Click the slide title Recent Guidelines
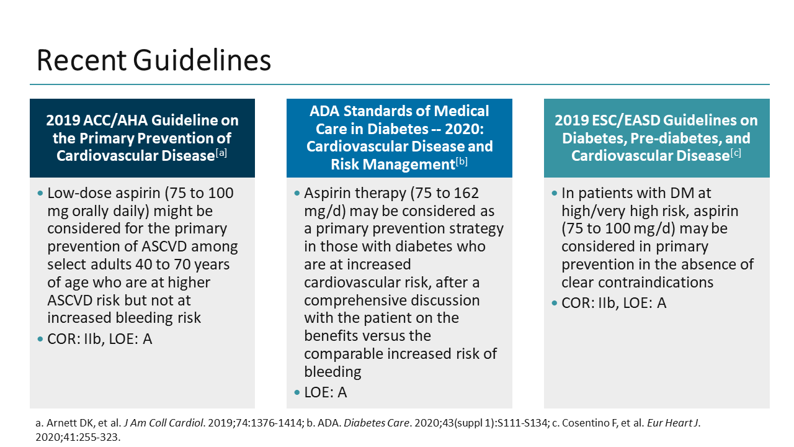pos(154,61)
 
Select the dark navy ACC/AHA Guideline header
pos(142,138)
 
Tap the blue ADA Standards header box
pos(399,138)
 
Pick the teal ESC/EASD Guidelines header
pos(656,138)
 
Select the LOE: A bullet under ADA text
pos(325,392)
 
